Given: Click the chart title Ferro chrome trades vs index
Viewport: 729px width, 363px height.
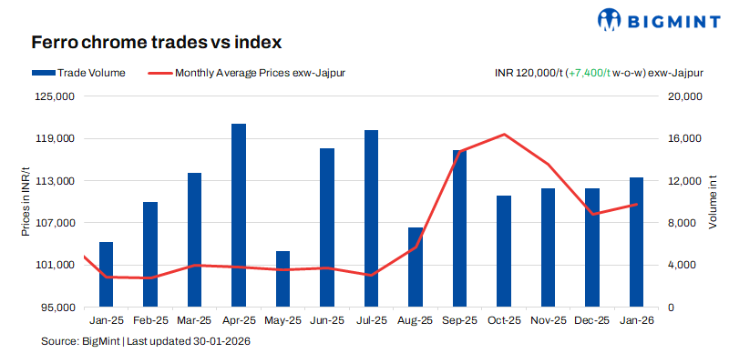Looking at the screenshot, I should [156, 42].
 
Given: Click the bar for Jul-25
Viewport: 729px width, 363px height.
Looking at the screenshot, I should [371, 218].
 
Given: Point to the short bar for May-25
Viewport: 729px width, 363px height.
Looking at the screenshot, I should [282, 278].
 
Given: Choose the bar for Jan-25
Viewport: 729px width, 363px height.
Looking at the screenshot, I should [106, 274].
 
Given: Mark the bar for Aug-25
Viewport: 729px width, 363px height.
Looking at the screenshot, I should [416, 267].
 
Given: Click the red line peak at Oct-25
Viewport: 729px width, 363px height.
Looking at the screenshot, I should [504, 135].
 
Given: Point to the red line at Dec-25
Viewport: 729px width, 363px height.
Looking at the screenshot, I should [592, 214].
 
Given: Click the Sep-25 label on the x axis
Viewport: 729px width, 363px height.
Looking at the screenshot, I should [459, 320].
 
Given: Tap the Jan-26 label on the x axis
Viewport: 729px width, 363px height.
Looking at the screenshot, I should [636, 320].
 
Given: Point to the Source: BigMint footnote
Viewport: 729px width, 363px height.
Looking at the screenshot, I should [146, 341].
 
